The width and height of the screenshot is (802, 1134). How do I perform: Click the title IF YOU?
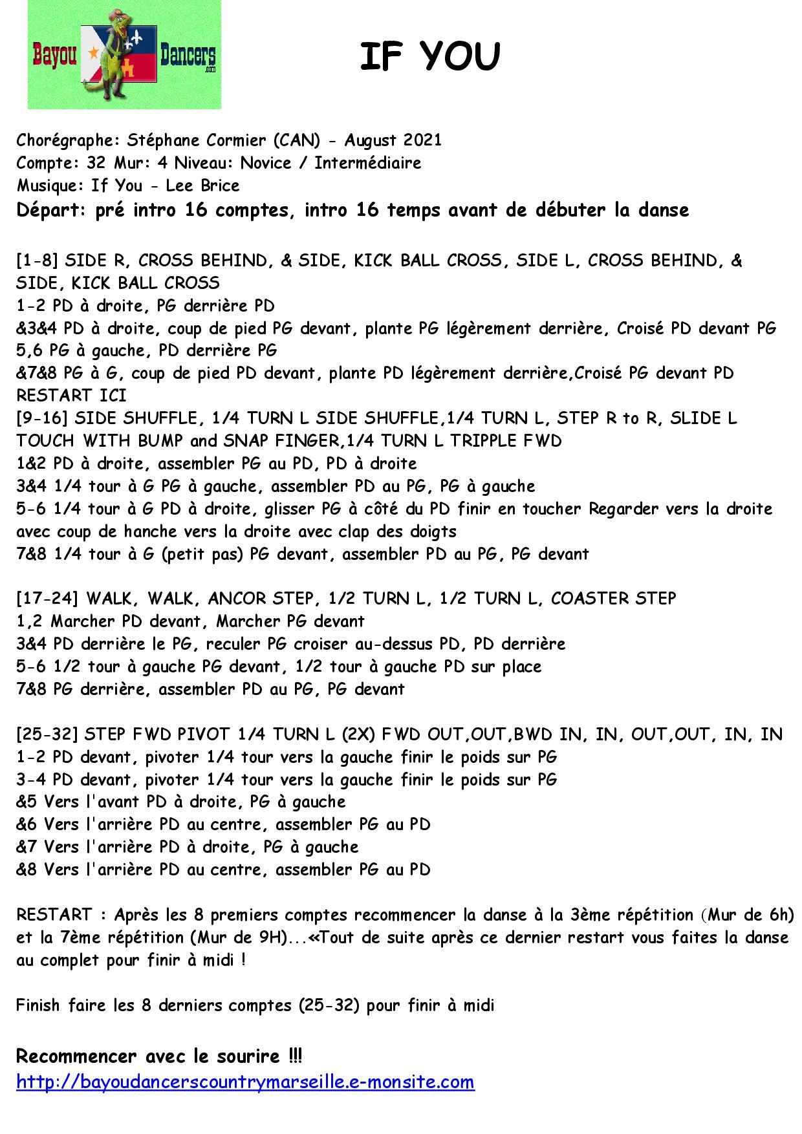click(x=429, y=57)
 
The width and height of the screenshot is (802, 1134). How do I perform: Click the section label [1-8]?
click(x=38, y=261)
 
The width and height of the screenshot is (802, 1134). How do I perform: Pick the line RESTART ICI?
click(x=71, y=395)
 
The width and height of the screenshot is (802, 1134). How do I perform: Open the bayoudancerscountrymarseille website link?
click(x=245, y=1082)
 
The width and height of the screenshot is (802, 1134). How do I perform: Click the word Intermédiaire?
click(x=367, y=163)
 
